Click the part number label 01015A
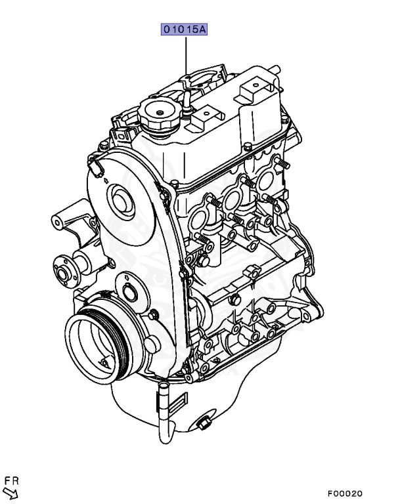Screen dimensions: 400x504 coord(184,30)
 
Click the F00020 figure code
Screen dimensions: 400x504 coord(345,493)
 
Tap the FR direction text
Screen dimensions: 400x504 coord(12,481)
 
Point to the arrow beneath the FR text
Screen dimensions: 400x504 coord(11,493)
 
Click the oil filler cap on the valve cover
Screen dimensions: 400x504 coord(160,116)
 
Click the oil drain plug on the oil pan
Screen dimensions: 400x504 coord(203,423)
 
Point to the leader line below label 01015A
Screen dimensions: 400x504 coord(186,54)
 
